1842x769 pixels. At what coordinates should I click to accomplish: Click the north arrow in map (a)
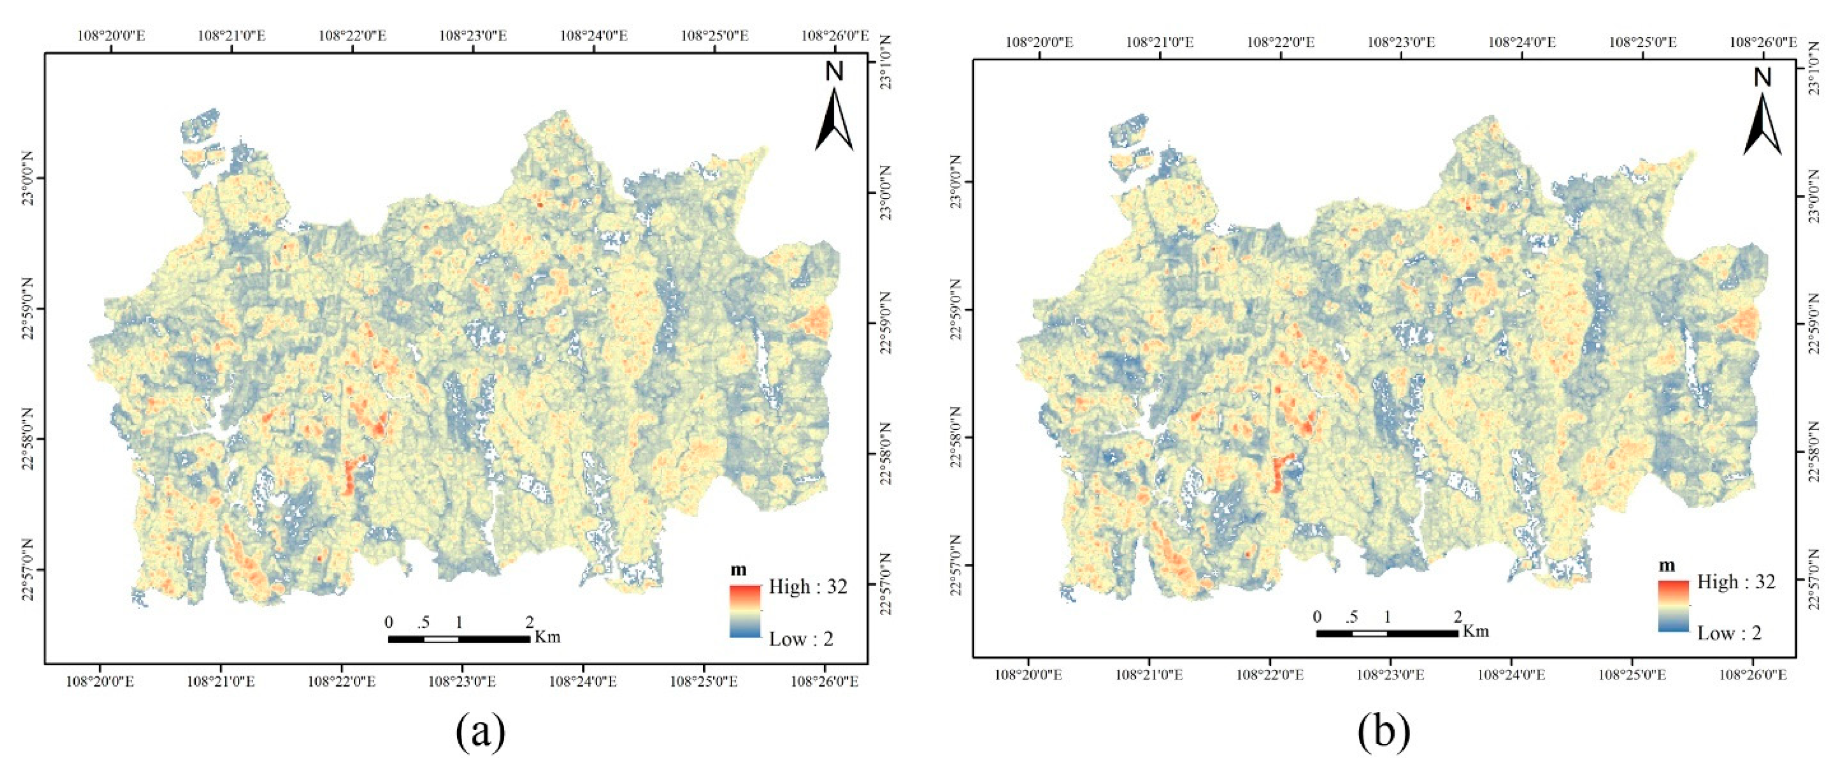(x=834, y=108)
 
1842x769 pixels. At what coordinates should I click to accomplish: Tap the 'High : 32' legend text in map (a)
(x=808, y=587)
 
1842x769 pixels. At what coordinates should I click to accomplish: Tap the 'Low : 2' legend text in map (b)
(x=1729, y=633)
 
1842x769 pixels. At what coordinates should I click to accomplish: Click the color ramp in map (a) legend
(x=745, y=611)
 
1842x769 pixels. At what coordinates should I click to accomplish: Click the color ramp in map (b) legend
(x=1673, y=605)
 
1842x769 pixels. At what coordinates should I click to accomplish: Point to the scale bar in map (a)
(x=458, y=639)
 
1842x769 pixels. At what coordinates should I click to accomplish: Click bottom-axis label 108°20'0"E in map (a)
(x=101, y=681)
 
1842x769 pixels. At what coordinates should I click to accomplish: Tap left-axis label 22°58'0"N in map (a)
(x=29, y=438)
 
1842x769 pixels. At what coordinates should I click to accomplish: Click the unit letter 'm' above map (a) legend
(x=739, y=570)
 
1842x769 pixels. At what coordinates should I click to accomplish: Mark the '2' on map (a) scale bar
(x=529, y=622)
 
